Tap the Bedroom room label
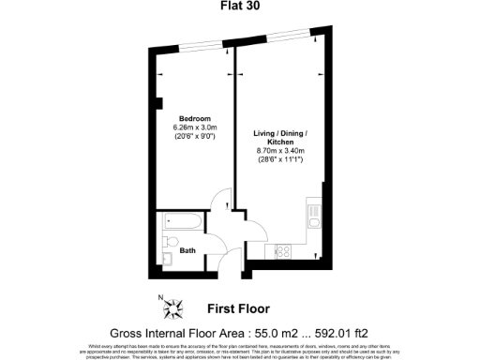coord(194,118)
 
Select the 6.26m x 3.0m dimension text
coord(194,127)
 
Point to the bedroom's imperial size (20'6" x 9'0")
coord(194,137)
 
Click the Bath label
coord(187,249)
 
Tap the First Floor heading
coord(238,307)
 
